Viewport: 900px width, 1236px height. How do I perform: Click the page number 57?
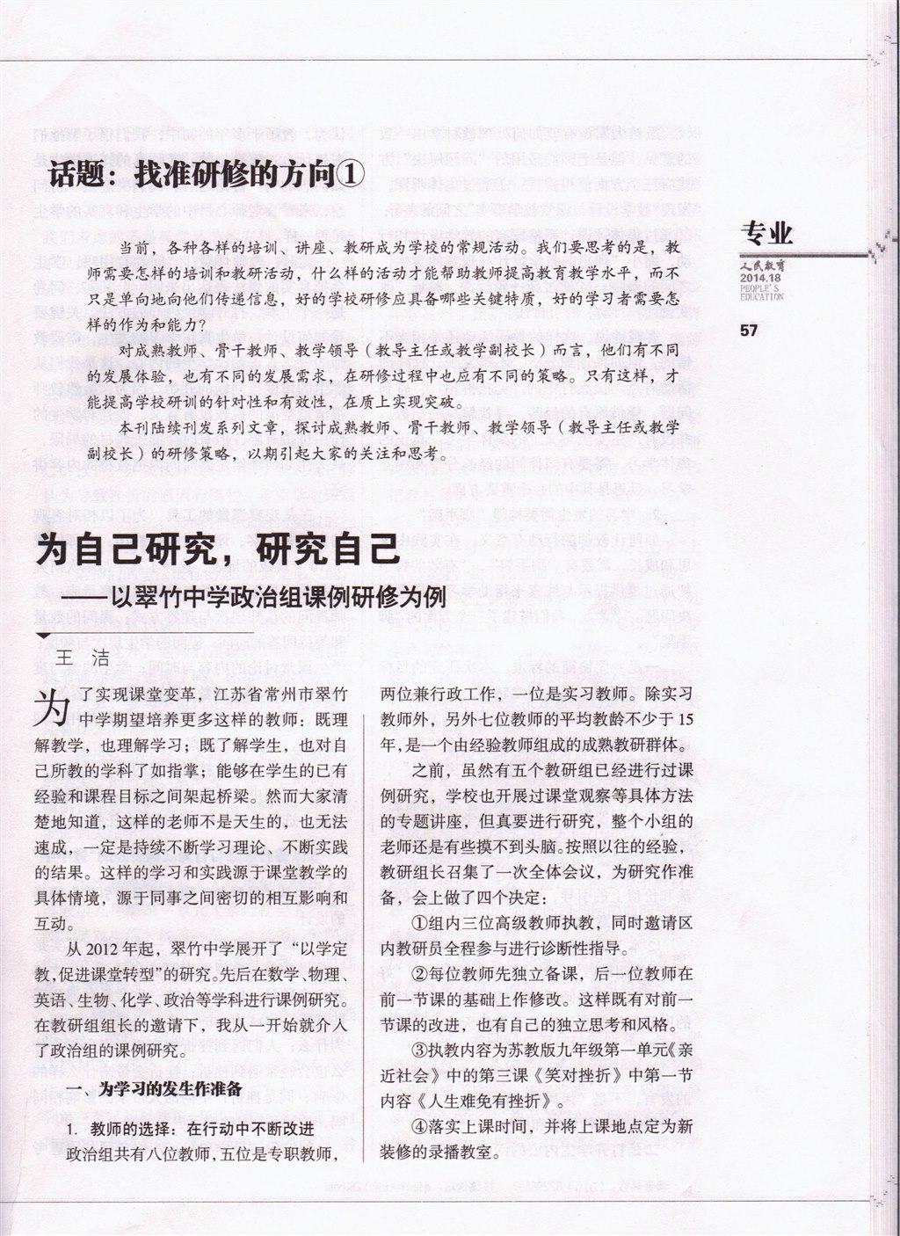[x=750, y=331]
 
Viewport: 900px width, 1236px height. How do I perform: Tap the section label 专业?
[x=767, y=232]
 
